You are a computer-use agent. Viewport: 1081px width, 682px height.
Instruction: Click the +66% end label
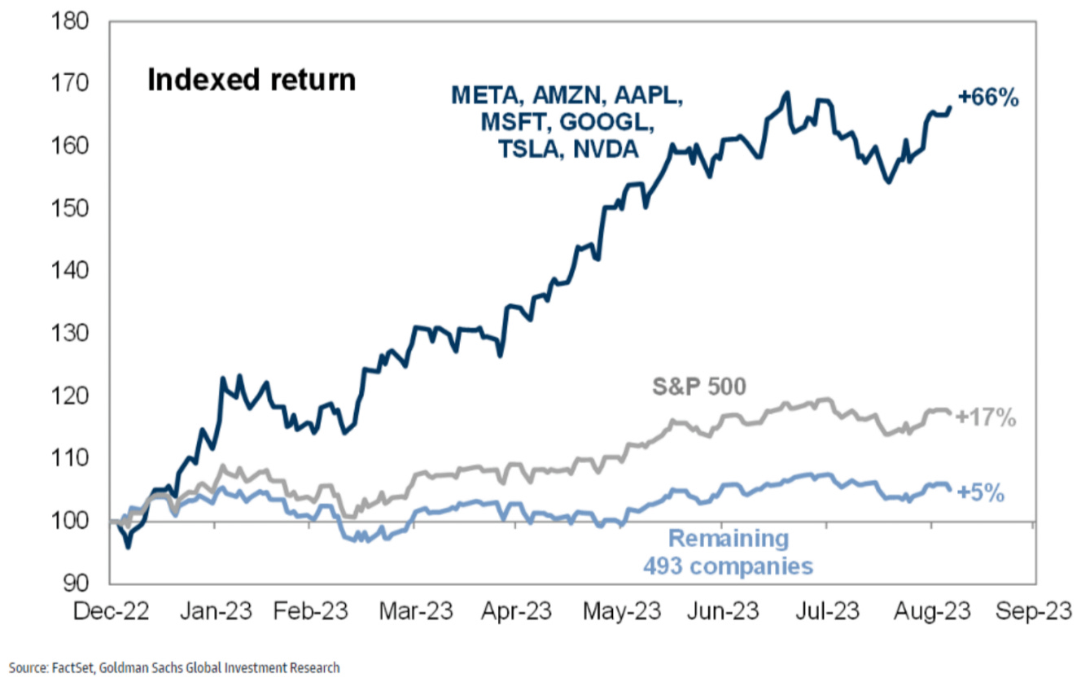(988, 98)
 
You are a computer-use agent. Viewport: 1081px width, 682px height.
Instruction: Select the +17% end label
(986, 418)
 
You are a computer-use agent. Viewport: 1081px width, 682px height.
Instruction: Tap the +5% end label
(980, 493)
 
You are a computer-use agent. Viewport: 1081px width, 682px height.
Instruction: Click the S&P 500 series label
(698, 386)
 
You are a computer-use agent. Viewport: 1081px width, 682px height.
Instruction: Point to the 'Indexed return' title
(251, 81)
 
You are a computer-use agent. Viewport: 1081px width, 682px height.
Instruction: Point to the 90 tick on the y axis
(75, 584)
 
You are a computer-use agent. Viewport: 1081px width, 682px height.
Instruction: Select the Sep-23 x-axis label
(1035, 612)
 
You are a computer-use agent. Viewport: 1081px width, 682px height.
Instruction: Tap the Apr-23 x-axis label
(514, 612)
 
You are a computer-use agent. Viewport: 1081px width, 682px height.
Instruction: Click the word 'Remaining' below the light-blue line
(729, 539)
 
